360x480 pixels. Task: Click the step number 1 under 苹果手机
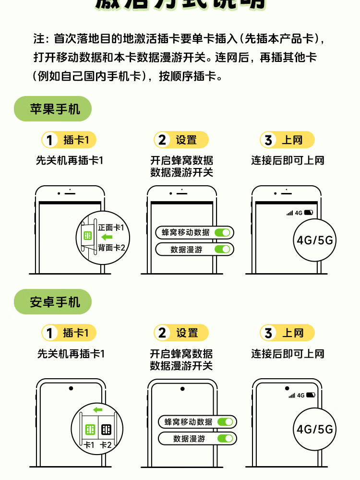49,140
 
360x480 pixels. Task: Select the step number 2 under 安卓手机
162,333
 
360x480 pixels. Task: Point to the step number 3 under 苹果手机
268,140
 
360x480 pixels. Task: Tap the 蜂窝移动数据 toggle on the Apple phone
223,232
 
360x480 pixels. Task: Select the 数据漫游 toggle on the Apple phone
223,249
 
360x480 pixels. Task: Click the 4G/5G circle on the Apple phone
314,240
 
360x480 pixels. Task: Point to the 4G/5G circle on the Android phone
314,429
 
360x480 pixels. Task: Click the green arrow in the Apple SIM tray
107,237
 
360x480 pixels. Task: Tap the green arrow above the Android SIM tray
98,409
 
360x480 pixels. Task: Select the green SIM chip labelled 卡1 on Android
90,430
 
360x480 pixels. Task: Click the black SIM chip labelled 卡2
106,430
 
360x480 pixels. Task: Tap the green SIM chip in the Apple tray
87,236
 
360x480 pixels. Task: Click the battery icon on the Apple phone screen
308,212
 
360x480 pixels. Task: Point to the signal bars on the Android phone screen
292,396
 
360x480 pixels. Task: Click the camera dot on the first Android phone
71,388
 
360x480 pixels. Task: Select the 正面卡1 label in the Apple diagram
111,227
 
